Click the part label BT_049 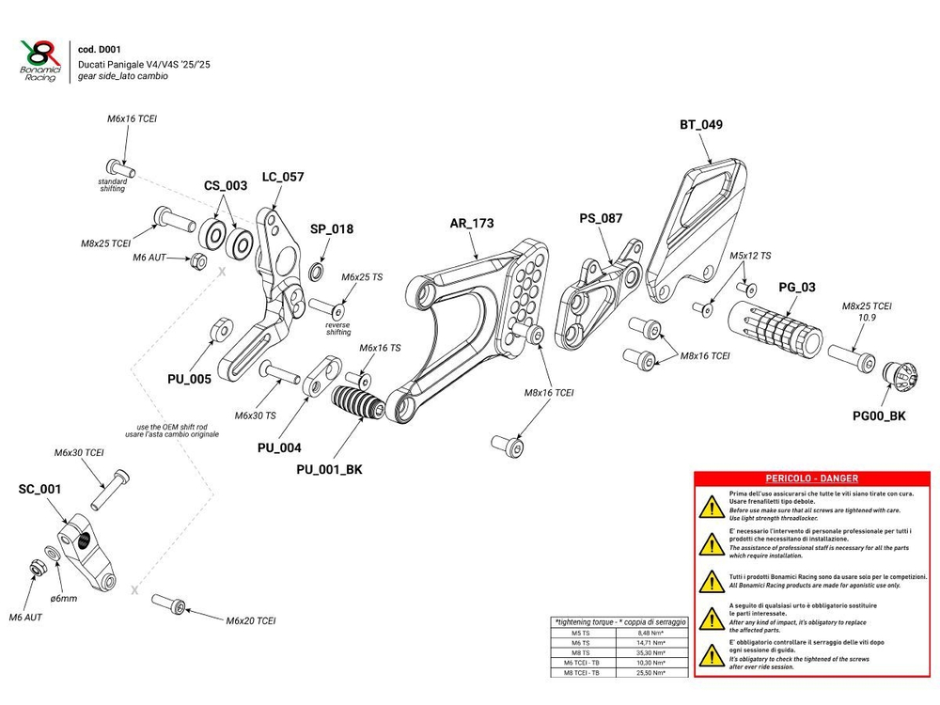coord(701,125)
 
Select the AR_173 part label coord(472,224)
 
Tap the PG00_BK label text coord(879,415)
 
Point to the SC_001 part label coord(39,489)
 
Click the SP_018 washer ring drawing coord(317,273)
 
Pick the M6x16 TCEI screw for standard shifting coord(119,167)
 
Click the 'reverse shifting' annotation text coord(337,328)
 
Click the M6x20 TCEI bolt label coord(251,621)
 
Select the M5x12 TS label coord(749,256)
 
